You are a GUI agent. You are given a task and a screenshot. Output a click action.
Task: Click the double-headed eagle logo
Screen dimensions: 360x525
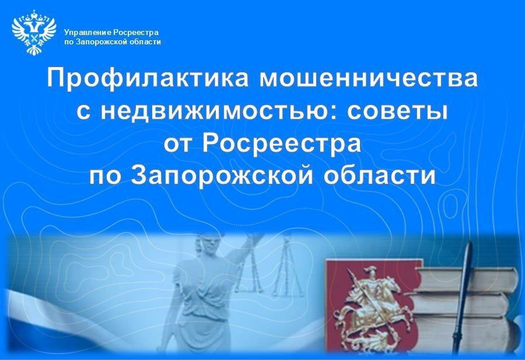click(34, 32)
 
